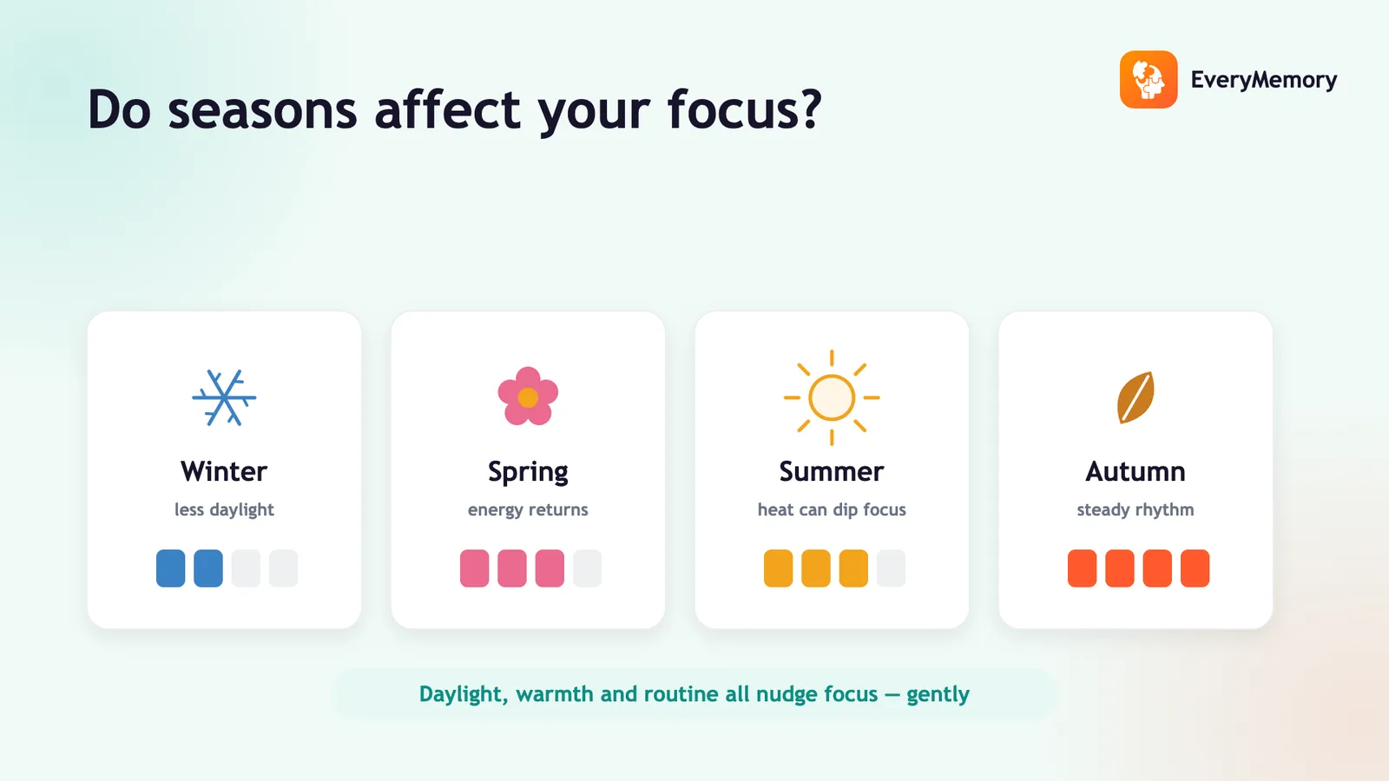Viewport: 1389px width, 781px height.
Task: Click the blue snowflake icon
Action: (x=224, y=397)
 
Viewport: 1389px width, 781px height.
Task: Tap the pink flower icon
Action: (x=528, y=396)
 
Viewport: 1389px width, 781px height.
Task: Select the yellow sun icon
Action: (x=832, y=397)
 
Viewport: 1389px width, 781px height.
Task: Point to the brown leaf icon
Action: (x=1136, y=397)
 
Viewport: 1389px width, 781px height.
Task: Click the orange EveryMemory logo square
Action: (x=1149, y=79)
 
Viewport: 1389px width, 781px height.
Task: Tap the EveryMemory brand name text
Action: (x=1264, y=80)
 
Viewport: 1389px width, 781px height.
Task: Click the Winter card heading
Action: (x=224, y=472)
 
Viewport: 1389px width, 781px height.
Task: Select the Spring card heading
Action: (x=528, y=473)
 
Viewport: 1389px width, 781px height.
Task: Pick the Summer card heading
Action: (x=832, y=472)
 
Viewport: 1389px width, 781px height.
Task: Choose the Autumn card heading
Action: (x=1136, y=472)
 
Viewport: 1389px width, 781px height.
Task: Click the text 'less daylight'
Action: (x=224, y=509)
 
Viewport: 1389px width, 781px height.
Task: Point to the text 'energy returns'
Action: (x=528, y=510)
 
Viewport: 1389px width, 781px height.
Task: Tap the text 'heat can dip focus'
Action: (x=832, y=509)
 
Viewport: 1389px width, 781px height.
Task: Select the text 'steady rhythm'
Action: (x=1136, y=509)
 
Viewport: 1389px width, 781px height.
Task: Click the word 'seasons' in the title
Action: (x=262, y=110)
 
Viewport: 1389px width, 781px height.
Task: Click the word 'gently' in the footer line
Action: (x=938, y=694)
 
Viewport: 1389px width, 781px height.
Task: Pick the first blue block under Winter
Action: (x=170, y=568)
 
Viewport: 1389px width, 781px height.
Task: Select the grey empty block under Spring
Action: (x=587, y=568)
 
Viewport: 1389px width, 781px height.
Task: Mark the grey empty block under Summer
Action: (x=891, y=568)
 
